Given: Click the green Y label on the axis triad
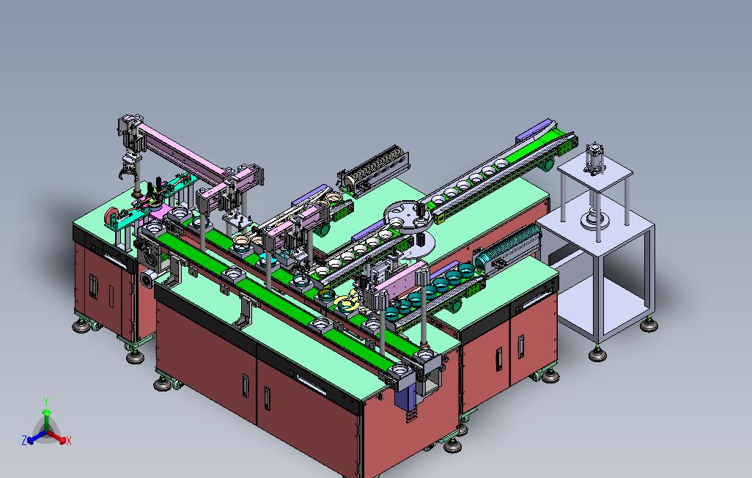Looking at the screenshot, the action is (46, 401).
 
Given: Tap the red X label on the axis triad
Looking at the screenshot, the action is (69, 441).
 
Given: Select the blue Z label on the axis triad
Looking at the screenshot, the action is (24, 440).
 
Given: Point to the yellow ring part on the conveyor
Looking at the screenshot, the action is (347, 302).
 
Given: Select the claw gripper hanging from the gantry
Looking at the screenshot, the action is (128, 170).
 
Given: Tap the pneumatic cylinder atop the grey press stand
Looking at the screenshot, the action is (594, 158).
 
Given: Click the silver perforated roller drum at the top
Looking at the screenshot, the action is (374, 169).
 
